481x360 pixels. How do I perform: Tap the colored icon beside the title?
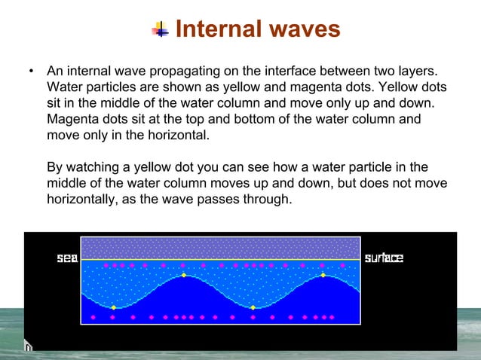[161, 29]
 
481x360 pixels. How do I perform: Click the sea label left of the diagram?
[68, 258]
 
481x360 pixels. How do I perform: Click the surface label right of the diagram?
[384, 258]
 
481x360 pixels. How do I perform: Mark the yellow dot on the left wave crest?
[183, 275]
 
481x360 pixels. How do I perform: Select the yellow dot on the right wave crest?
[323, 275]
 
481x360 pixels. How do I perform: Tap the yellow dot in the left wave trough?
[113, 307]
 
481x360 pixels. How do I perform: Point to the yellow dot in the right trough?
[253, 307]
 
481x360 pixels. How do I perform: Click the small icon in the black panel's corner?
[28, 346]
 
